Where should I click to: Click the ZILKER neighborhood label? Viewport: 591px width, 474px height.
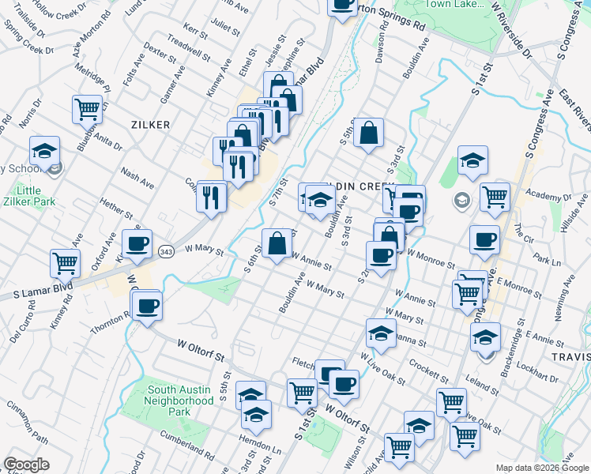(x=150, y=125)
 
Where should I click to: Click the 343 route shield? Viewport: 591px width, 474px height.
(x=166, y=251)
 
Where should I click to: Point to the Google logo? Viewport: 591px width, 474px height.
(x=26, y=465)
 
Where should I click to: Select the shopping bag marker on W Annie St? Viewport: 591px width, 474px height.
(x=277, y=245)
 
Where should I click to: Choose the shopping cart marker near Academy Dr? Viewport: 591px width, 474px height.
(x=495, y=197)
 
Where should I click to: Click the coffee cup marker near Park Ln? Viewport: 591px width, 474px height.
(x=484, y=240)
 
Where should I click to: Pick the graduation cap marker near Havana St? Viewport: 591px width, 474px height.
(x=381, y=334)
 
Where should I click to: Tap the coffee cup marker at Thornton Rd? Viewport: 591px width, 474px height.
(x=146, y=307)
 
